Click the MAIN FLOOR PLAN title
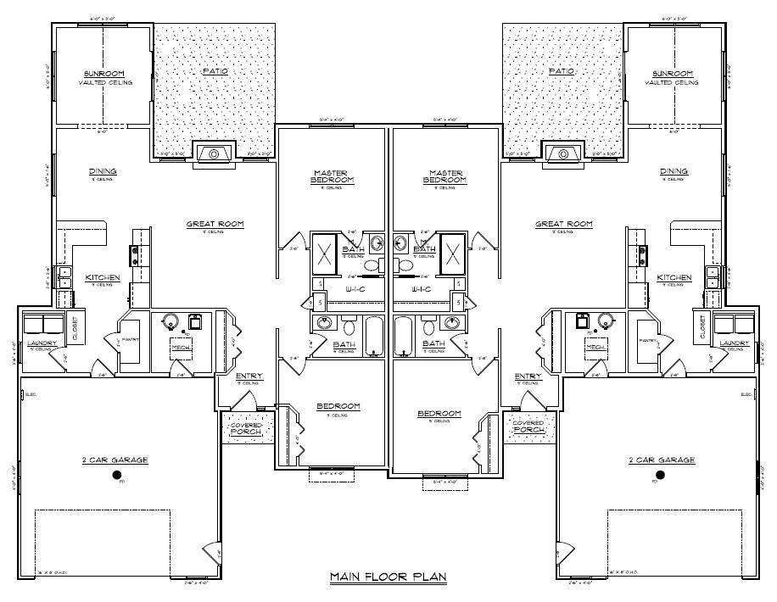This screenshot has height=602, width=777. click(x=388, y=577)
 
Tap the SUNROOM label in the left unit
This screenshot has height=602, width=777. click(x=104, y=74)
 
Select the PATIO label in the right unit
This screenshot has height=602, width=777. click(x=562, y=71)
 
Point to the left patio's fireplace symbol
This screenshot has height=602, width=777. click(x=214, y=153)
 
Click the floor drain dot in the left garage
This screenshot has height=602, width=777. click(x=118, y=475)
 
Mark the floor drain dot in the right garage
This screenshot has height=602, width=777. click(x=660, y=475)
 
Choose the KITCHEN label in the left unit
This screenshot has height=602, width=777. click(x=103, y=277)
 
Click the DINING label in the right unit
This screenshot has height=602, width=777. click(x=674, y=171)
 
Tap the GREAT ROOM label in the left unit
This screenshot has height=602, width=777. click(x=215, y=225)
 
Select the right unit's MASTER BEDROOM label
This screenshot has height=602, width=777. click(x=445, y=176)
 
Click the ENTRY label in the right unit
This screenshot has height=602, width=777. click(x=528, y=376)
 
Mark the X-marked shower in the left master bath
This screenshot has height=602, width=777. click(x=325, y=251)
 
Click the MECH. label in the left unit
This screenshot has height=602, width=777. click(x=181, y=348)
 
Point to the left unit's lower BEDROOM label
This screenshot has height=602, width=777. click(x=338, y=407)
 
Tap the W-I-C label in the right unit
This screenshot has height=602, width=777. click(x=422, y=289)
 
